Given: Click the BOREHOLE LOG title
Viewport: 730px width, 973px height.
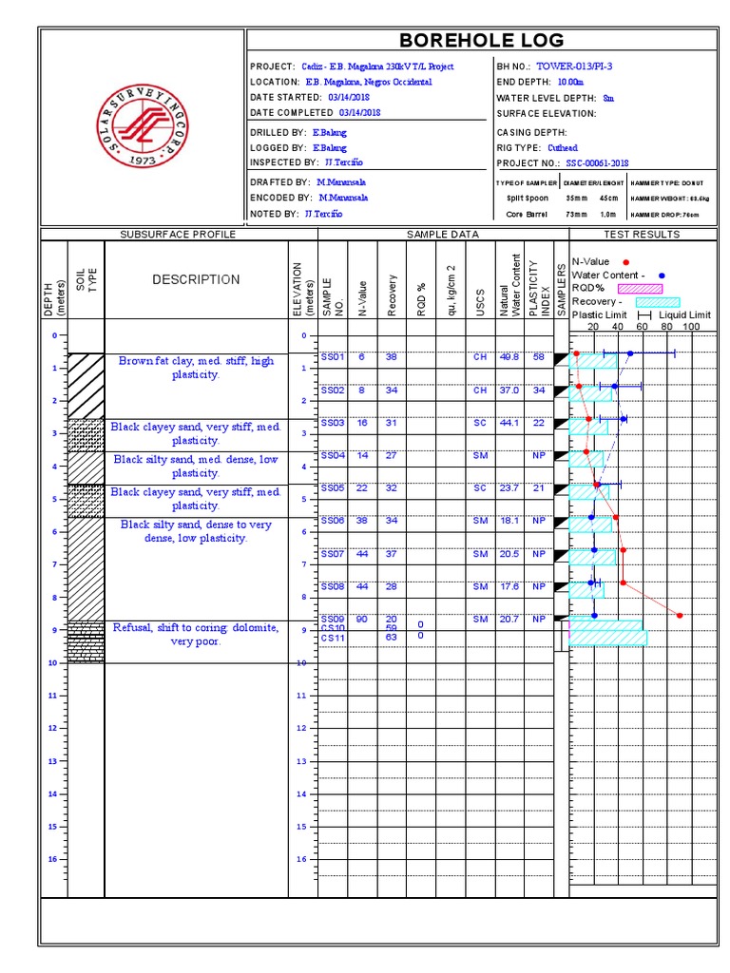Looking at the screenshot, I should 481,40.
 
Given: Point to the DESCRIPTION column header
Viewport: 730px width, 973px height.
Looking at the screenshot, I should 196,279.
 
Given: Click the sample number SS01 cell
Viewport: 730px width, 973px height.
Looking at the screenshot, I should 332,357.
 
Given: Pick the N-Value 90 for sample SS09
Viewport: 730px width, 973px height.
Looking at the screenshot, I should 362,620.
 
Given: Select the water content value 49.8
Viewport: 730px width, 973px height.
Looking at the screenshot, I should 509,357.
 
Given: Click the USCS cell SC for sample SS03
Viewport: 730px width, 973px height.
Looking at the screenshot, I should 480,423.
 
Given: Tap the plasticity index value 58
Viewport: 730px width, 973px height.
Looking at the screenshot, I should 539,357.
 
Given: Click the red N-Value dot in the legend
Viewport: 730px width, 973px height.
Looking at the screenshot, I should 624,261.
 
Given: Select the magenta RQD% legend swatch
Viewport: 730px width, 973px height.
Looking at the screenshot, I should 640,288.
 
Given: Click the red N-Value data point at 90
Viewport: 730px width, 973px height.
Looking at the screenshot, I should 681,615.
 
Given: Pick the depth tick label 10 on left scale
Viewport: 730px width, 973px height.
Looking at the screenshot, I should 54,662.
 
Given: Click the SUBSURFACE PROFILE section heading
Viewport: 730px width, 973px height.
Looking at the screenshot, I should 177,234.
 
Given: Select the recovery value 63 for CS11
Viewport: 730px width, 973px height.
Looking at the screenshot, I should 391,638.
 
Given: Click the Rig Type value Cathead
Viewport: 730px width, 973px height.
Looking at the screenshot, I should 563,147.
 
